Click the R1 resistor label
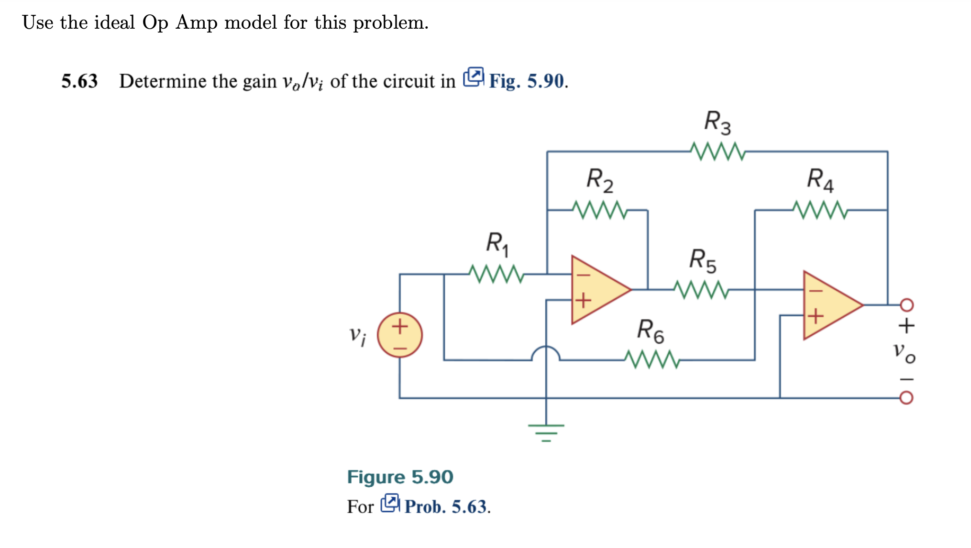click(x=497, y=243)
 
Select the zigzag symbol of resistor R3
click(x=717, y=152)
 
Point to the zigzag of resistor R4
click(x=820, y=210)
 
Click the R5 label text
click(x=702, y=260)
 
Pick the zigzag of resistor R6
click(x=651, y=360)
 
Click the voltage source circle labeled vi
click(x=400, y=335)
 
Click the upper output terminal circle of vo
click(x=906, y=305)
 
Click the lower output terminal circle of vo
click(x=906, y=398)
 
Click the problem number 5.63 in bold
click(x=79, y=81)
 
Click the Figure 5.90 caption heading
click(x=400, y=477)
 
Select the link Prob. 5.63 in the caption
click(x=447, y=506)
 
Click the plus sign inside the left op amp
click(x=583, y=300)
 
